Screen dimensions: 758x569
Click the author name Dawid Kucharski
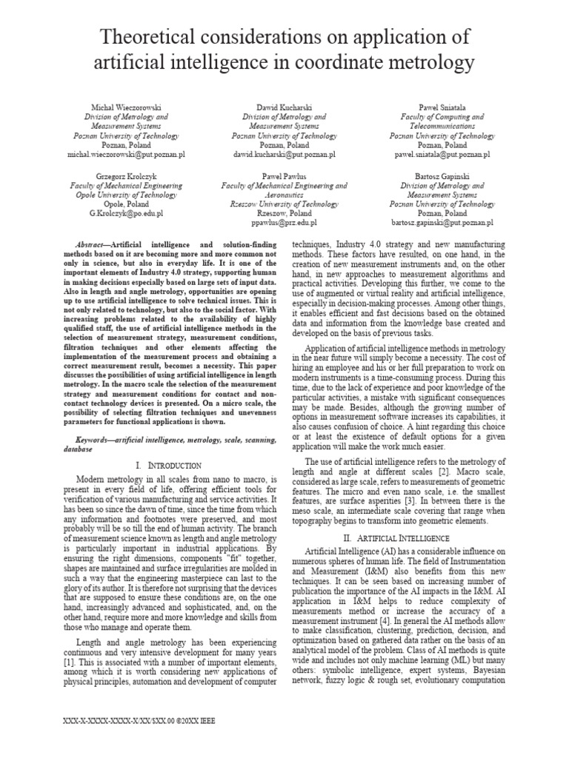pos(284,108)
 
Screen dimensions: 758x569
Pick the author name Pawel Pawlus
pos(284,176)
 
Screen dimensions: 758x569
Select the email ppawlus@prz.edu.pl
pos(284,222)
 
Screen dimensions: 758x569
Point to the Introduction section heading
pos(170,465)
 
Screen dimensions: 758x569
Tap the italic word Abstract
pos(93,244)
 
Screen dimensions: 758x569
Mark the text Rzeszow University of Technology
pos(284,204)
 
